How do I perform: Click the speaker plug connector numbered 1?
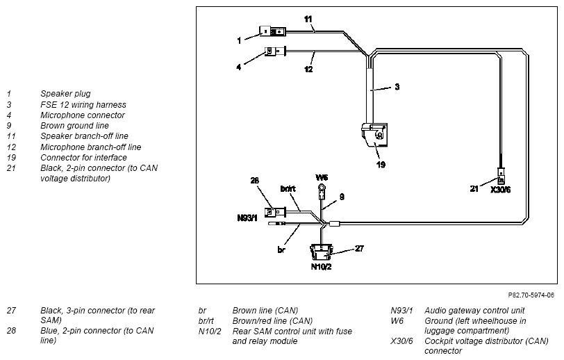(x=272, y=31)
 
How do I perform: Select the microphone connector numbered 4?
(x=275, y=51)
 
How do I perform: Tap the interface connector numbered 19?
(x=375, y=135)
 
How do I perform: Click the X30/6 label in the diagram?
(x=500, y=190)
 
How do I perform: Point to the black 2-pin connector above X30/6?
(x=501, y=176)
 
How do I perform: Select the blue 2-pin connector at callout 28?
(x=275, y=213)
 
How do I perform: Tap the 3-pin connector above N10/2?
(x=321, y=252)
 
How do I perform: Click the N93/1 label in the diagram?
(x=247, y=218)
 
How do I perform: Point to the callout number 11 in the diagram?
(x=308, y=19)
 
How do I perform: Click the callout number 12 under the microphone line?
(x=308, y=69)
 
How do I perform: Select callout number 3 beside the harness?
(x=397, y=87)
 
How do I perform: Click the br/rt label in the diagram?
(x=288, y=188)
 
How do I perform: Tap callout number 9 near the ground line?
(x=342, y=197)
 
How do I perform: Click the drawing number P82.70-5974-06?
(x=531, y=295)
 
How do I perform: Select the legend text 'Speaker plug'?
(x=65, y=94)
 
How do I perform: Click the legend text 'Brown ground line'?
(x=74, y=126)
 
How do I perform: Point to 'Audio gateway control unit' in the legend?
(x=474, y=311)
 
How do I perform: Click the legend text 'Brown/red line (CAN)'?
(x=272, y=321)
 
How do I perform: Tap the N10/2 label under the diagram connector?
(x=321, y=267)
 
